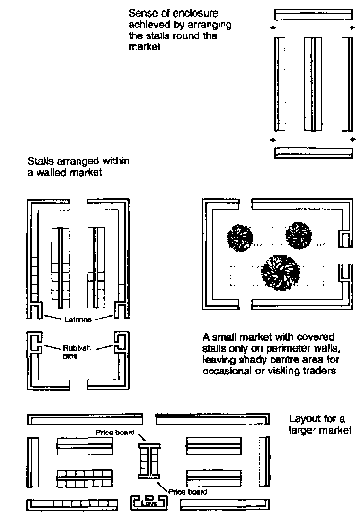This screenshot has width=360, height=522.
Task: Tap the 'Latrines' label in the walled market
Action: point(78,319)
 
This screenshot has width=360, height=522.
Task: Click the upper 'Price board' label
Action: point(115,432)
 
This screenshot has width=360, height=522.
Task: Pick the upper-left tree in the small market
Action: point(240,236)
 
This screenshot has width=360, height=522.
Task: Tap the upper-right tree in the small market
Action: point(298,234)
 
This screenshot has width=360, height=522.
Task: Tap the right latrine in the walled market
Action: point(121,311)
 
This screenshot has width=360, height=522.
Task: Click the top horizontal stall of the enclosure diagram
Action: point(313,15)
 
